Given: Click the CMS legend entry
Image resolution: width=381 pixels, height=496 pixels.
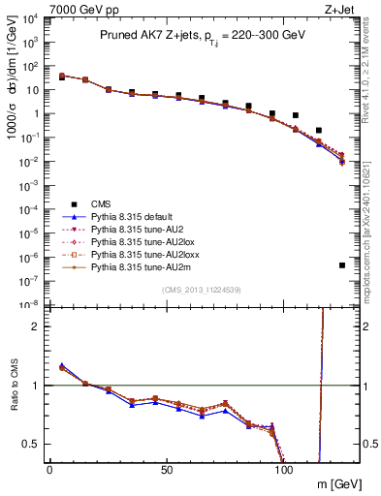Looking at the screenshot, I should (102, 203).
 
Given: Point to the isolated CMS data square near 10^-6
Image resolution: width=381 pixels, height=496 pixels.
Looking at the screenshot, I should (342, 265).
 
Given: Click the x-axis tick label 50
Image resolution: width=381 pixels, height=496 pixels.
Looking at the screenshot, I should (167, 469).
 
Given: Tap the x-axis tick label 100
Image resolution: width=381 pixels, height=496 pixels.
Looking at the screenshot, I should (284, 469).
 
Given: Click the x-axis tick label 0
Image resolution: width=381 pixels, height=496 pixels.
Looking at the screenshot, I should (49, 469).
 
